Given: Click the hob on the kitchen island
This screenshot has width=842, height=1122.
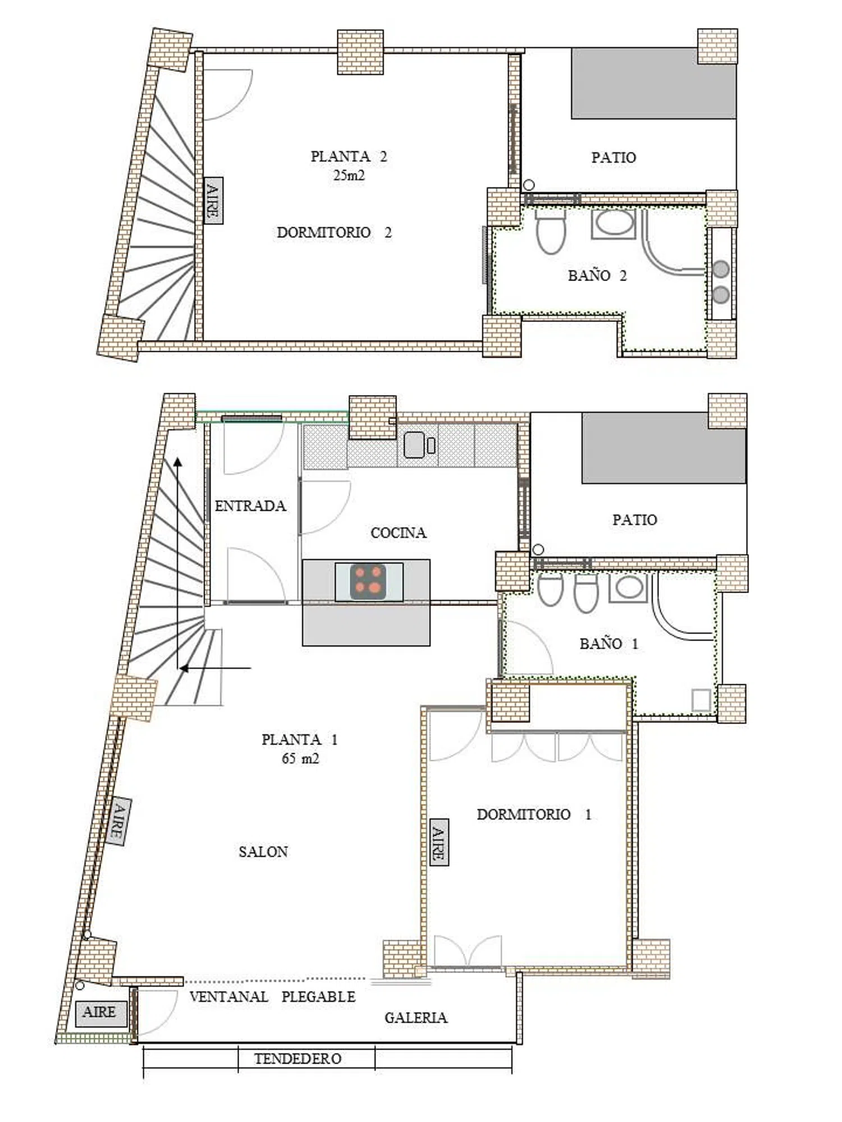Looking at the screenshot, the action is tap(369, 581).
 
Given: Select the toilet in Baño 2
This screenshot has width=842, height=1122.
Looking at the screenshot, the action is tap(551, 230).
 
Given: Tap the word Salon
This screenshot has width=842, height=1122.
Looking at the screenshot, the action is tap(263, 852).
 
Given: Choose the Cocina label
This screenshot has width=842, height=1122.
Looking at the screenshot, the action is tap(399, 532).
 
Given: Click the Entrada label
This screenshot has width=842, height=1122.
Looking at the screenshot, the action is tap(250, 505).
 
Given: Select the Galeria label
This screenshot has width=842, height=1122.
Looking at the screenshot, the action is tap(416, 1018).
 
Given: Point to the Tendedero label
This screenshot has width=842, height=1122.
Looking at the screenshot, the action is tap(298, 1059).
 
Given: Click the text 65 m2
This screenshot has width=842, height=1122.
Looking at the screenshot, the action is tap(300, 758).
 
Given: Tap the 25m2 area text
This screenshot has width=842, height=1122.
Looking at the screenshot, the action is tap(349, 175).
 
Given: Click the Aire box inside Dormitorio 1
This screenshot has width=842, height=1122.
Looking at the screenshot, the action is tap(439, 842).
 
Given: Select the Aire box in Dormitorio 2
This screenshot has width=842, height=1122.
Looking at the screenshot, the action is tap(213, 201).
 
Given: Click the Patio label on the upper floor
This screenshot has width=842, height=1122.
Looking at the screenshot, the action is tap(614, 158).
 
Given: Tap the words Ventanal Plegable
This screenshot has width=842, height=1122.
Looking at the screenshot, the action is tap(273, 997).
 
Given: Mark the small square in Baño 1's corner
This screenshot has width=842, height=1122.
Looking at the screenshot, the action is tap(701, 700).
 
